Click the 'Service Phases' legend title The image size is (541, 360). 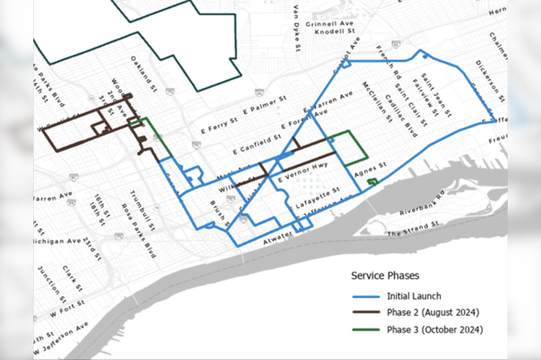coord(385,275)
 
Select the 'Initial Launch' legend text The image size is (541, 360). coord(414,296)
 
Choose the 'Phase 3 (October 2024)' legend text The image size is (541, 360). coord(435,330)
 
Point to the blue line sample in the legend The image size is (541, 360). coord(365,296)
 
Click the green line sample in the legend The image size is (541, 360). coord(365,330)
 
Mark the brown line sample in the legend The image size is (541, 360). coord(365,313)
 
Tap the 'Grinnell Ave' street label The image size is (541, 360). coord(329,24)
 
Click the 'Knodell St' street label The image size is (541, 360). coord(335,32)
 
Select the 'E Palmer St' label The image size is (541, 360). coord(268,104)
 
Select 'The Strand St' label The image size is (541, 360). coord(413,229)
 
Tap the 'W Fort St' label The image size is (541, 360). coord(68,308)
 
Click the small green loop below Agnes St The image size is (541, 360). coord(372,181)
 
